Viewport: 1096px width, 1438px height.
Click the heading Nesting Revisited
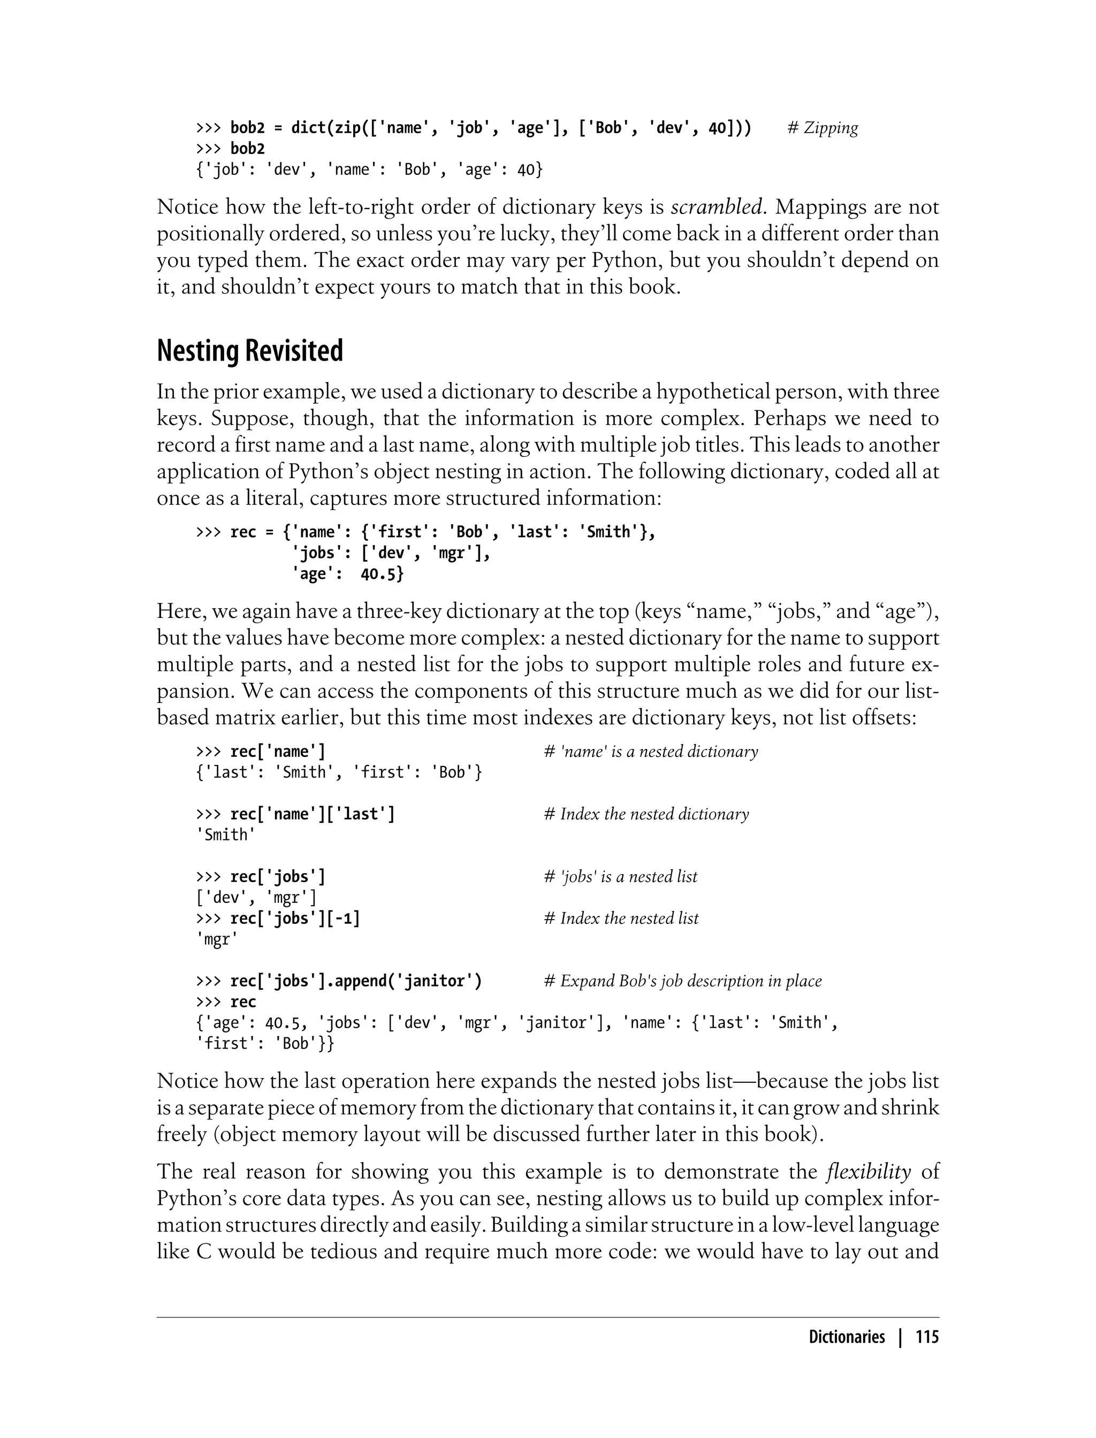click(250, 351)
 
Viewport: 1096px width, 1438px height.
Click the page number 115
click(927, 1337)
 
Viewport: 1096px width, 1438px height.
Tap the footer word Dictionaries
click(846, 1337)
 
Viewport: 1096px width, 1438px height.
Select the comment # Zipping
click(823, 128)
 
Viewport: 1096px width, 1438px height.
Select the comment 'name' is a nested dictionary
click(651, 752)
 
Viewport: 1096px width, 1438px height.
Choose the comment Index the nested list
click(621, 919)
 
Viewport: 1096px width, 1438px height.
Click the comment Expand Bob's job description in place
click(682, 982)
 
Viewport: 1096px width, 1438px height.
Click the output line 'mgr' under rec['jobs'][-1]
click(217, 940)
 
